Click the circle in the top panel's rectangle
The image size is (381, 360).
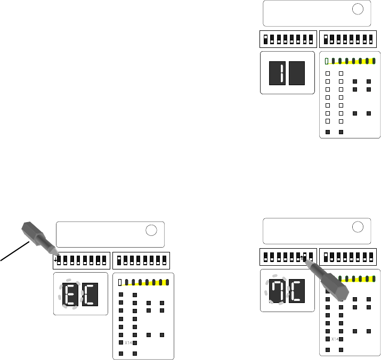(358, 9)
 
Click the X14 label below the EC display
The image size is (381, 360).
(128, 343)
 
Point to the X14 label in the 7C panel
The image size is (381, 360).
(335, 339)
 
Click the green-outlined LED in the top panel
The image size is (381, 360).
(327, 61)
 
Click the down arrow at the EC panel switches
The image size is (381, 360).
(56, 260)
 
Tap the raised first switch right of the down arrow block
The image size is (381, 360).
(119, 260)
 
